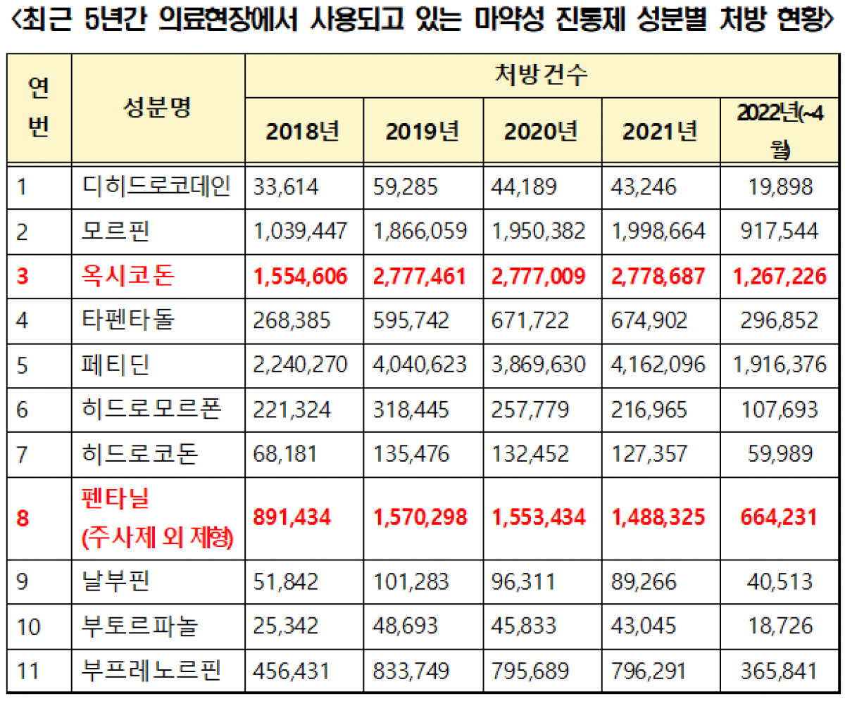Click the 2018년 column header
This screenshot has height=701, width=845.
coord(303,131)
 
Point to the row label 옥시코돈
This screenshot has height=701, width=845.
coord(126,276)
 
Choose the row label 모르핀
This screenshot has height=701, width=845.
coord(116,232)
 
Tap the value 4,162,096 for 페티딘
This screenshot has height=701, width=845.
coord(661,365)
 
